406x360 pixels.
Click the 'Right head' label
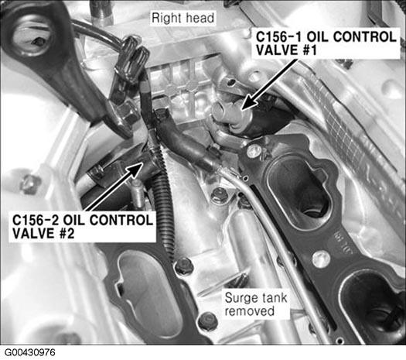click(x=183, y=18)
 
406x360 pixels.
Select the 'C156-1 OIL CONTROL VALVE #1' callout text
click(x=326, y=43)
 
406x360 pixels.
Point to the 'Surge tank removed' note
click(x=256, y=304)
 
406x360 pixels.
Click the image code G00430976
click(x=30, y=352)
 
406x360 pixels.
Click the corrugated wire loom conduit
click(x=164, y=204)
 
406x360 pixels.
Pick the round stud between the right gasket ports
click(x=321, y=259)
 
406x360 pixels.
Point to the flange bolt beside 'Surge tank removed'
click(x=207, y=321)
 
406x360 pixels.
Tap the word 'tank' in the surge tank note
click(x=275, y=298)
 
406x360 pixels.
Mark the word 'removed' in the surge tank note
click(x=249, y=310)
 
